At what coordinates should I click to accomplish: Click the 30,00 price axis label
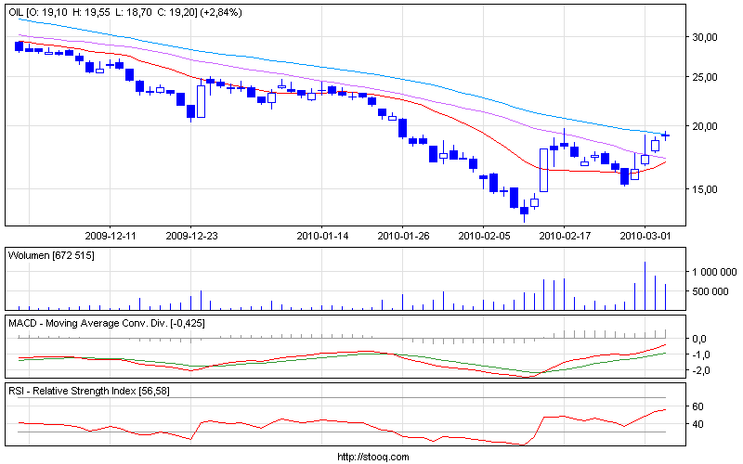coord(706,37)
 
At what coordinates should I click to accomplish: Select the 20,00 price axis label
coord(706,126)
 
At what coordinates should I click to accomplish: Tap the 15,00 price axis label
coord(706,189)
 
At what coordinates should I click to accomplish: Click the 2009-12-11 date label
coord(111,236)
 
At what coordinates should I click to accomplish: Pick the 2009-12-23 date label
coord(190,236)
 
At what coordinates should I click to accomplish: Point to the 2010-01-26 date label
coord(402,236)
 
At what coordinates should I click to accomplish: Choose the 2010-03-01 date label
coord(645,236)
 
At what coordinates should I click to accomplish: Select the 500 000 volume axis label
coord(713,291)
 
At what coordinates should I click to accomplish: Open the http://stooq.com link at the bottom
coord(371,457)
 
